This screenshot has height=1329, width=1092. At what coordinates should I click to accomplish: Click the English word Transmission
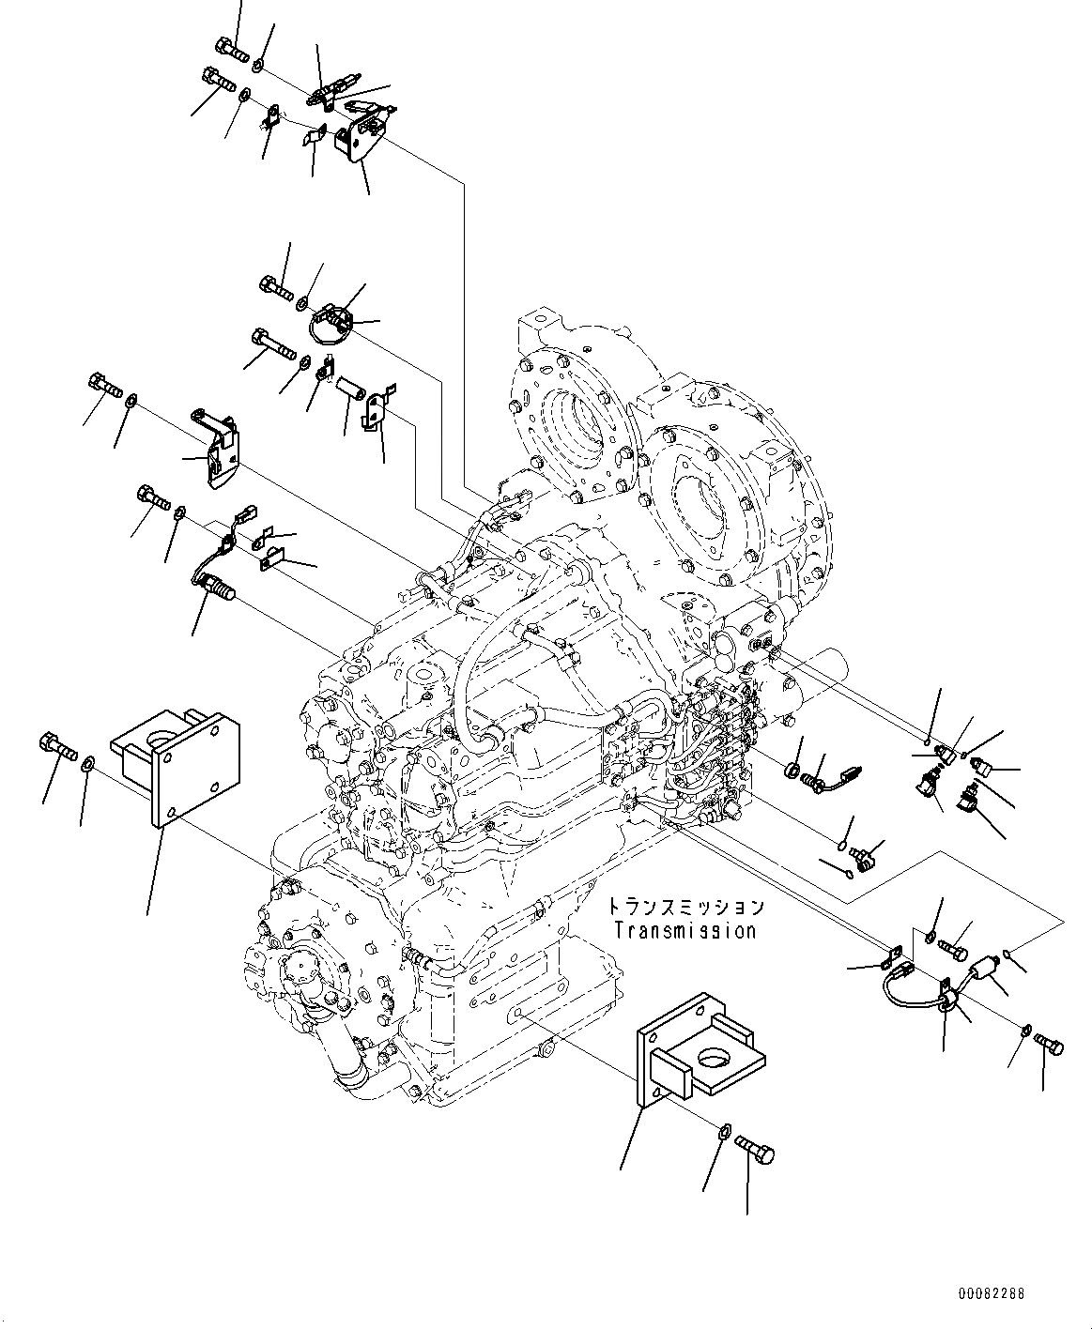(x=684, y=931)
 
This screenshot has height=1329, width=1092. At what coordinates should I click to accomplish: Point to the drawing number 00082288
(x=992, y=1293)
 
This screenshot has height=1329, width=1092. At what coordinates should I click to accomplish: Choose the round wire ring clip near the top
(x=330, y=325)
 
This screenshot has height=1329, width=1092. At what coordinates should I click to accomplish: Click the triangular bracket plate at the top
(x=361, y=138)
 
